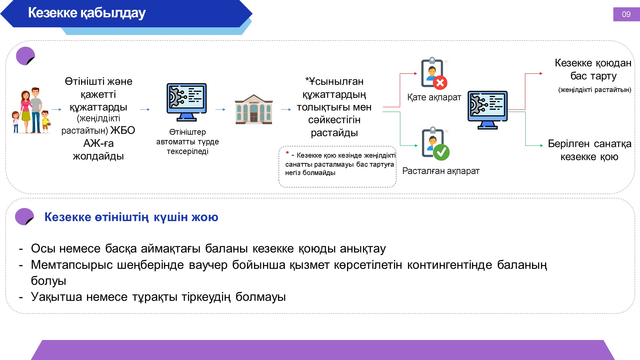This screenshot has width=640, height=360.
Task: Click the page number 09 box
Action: (626, 14)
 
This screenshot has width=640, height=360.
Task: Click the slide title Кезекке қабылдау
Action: (87, 13)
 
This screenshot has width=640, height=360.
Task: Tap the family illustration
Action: (31, 111)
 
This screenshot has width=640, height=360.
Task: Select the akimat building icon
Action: (254, 109)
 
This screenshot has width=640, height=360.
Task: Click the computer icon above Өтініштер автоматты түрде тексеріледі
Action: (187, 102)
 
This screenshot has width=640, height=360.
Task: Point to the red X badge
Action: (440, 83)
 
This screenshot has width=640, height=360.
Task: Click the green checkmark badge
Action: (441, 152)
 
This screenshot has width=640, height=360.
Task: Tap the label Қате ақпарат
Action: (434, 97)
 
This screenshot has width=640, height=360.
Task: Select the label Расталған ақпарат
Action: (441, 171)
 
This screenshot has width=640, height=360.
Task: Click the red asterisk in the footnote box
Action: (287, 153)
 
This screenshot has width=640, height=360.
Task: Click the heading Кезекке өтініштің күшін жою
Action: (131, 217)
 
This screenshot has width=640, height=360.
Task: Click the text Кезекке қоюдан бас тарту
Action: (593, 69)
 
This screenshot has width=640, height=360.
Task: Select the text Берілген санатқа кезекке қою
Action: (590, 150)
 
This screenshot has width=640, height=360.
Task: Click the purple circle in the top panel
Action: (25, 56)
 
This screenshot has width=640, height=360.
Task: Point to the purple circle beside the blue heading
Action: (24, 217)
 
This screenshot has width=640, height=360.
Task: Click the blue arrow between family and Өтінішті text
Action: (57, 109)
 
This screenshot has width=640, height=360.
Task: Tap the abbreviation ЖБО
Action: (123, 130)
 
